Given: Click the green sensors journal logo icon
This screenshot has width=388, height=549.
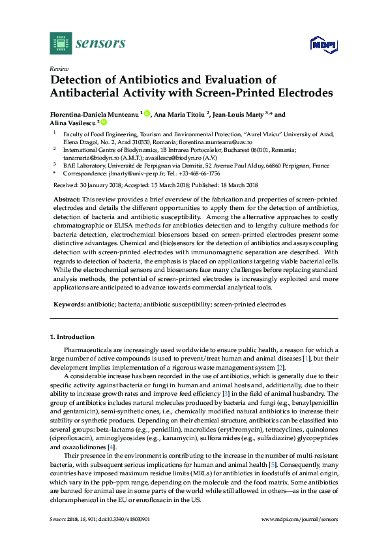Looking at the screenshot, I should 60,43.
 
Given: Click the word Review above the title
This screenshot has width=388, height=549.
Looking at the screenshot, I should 59,68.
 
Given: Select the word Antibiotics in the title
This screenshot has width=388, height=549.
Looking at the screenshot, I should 136,80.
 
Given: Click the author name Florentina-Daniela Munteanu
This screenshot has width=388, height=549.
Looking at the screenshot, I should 94,114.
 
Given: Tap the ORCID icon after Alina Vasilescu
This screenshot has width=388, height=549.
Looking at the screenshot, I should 104,123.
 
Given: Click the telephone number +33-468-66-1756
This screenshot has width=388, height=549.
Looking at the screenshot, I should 198,173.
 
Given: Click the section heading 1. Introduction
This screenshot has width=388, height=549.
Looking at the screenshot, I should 72,337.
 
